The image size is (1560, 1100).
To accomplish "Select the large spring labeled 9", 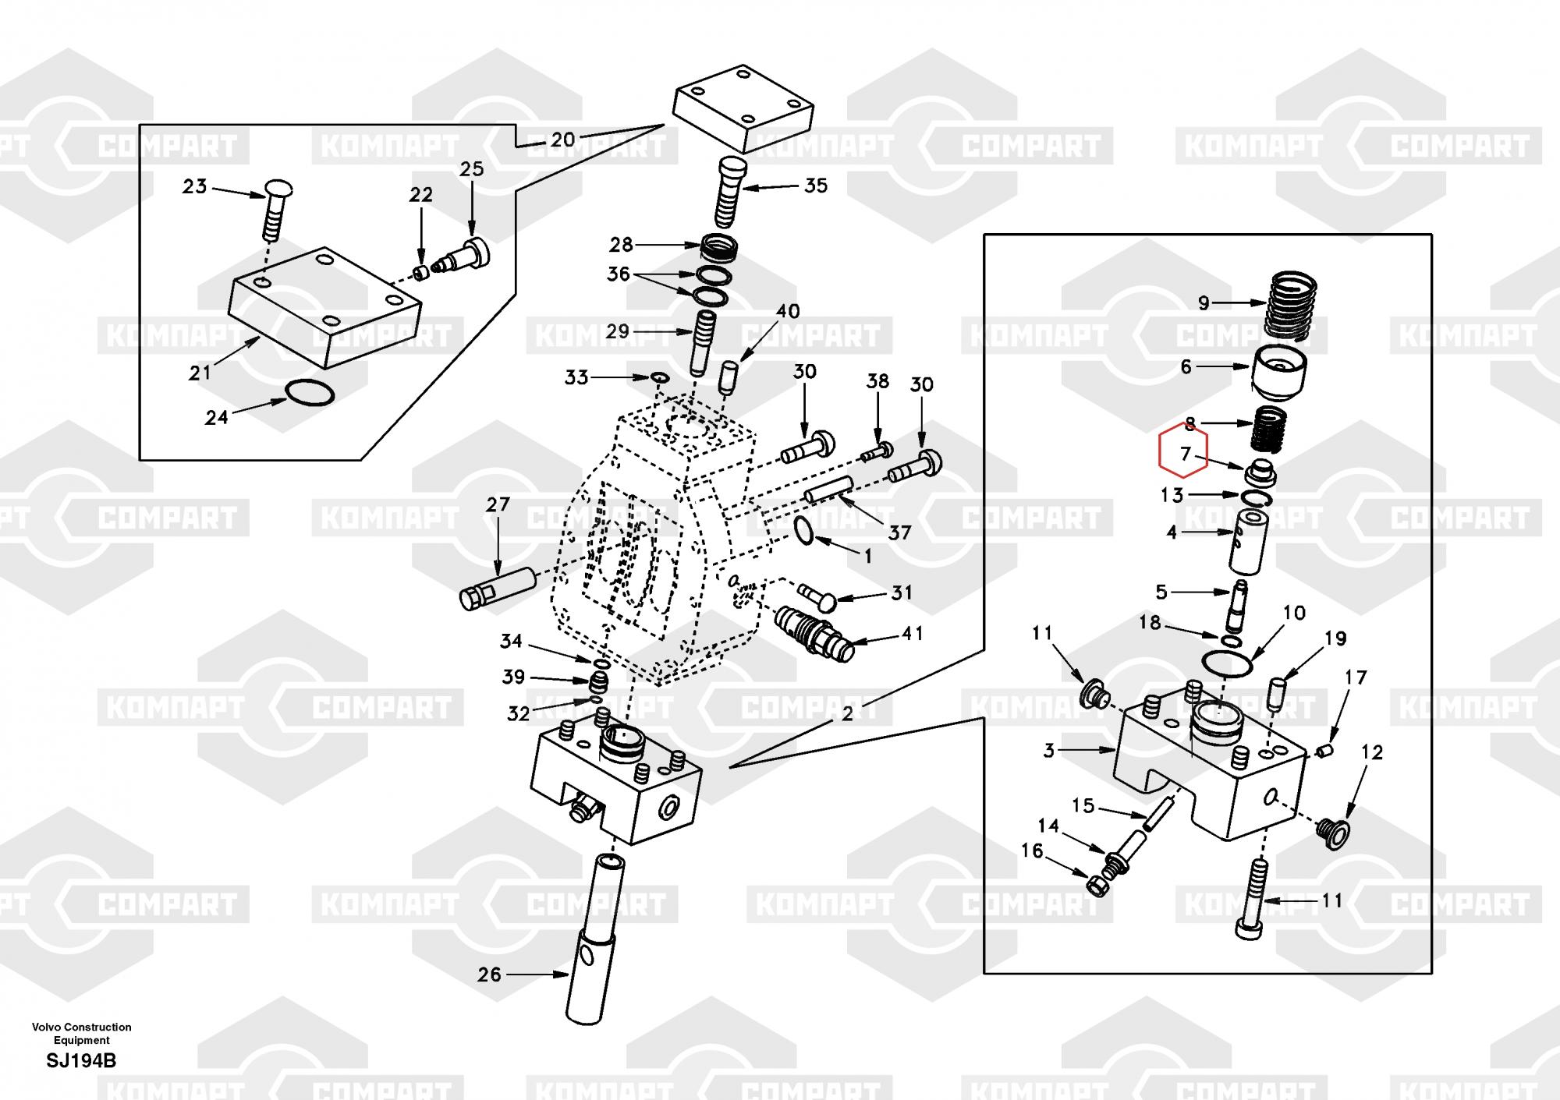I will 1290,305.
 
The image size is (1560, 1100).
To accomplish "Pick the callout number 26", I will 489,974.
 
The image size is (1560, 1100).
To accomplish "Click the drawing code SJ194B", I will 81,1061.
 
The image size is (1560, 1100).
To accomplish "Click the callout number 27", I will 498,504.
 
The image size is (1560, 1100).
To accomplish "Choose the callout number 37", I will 899,532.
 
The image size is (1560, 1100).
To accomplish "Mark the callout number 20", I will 562,140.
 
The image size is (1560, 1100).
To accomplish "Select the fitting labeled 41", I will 813,632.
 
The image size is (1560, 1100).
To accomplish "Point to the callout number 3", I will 1049,751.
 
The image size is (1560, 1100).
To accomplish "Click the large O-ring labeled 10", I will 1226,663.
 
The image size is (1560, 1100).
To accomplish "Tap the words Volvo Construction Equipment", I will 81,1033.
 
